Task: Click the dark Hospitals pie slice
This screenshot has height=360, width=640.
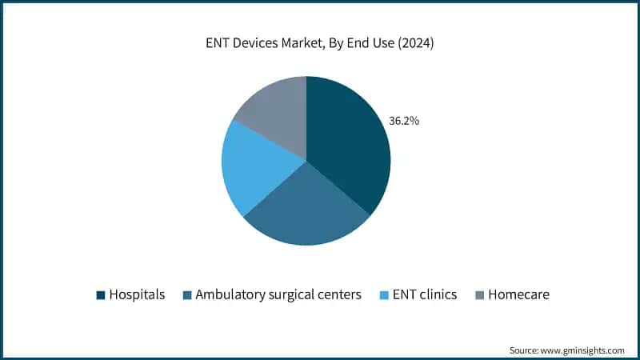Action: (x=348, y=144)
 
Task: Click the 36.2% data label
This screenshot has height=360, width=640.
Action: (x=404, y=121)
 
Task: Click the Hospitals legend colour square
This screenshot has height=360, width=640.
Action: (x=101, y=294)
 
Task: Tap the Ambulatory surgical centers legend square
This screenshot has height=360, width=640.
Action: (x=186, y=294)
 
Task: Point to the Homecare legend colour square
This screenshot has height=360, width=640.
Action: (x=479, y=294)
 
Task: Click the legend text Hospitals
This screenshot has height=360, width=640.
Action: (x=137, y=294)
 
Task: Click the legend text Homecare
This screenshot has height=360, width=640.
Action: (x=519, y=294)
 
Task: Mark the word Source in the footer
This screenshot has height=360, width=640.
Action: (x=523, y=350)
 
